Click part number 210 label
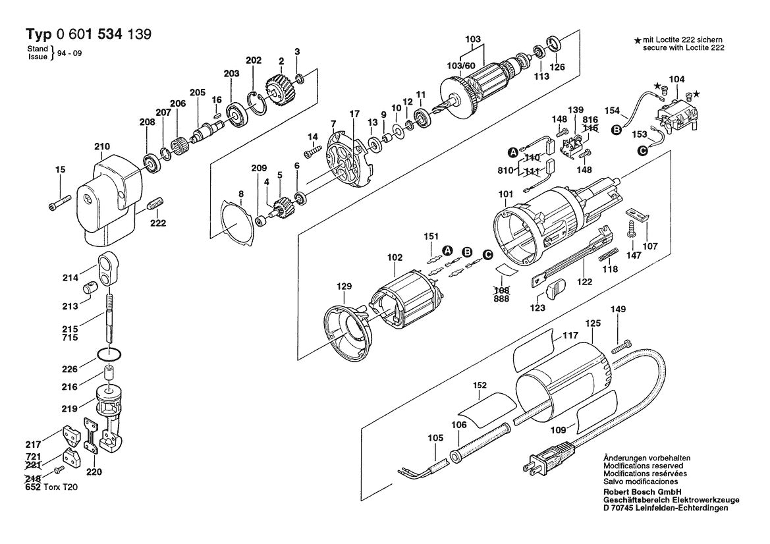tap(102, 146)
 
